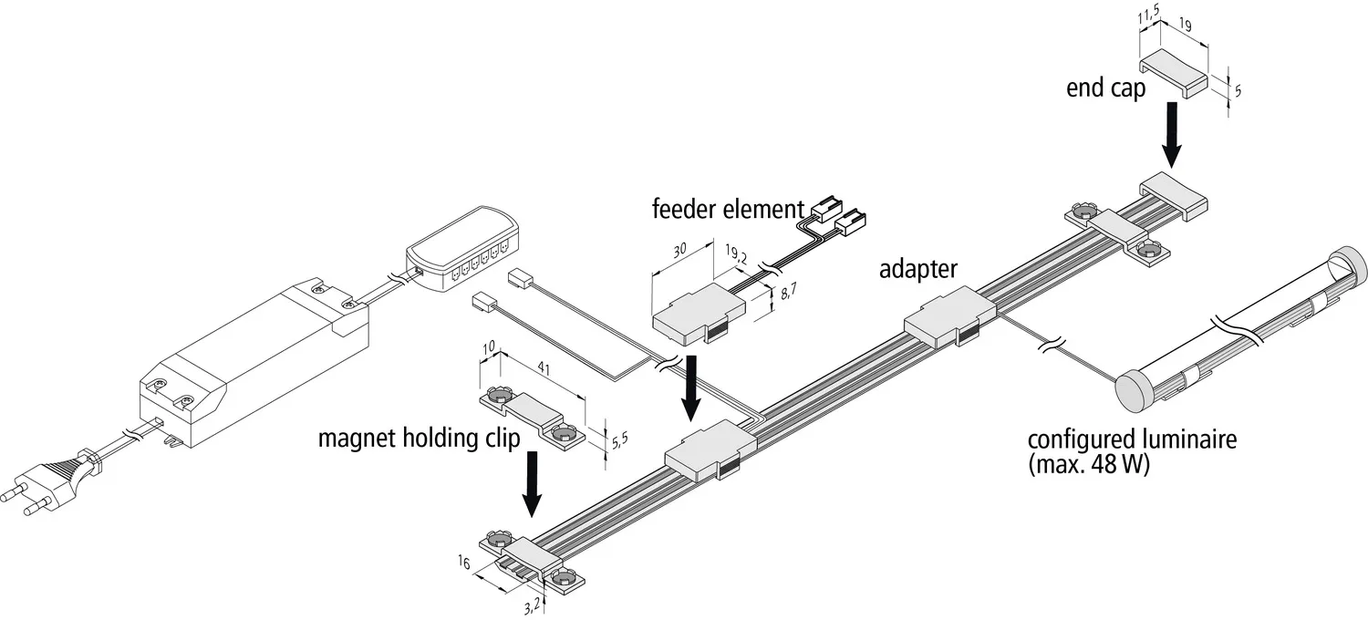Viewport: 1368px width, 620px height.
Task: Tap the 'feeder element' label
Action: (727, 209)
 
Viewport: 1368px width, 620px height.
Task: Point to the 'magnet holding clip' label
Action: (420, 439)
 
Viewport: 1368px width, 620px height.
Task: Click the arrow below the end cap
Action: (1175, 134)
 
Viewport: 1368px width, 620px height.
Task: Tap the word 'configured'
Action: (1070, 441)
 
